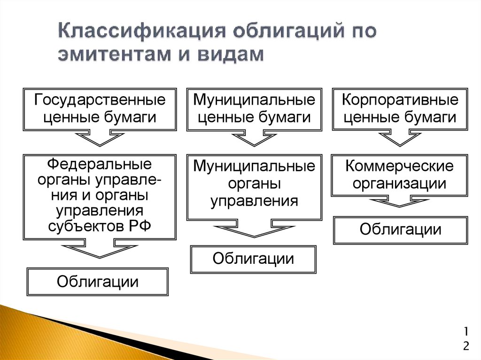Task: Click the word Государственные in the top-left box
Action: coord(100,100)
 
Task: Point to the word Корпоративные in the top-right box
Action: coord(400,100)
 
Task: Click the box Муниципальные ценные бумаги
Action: coord(254,108)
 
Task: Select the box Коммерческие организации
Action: coord(400,175)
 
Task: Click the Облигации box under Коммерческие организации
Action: coord(400,230)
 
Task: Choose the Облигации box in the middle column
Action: coord(254,259)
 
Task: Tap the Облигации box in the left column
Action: coord(98,281)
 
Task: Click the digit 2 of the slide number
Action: coord(465,346)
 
